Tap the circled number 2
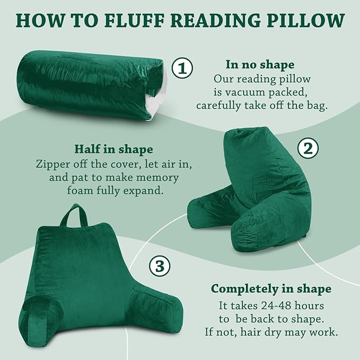307,149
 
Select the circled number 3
160,267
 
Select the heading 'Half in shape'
113,149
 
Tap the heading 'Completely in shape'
271,289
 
